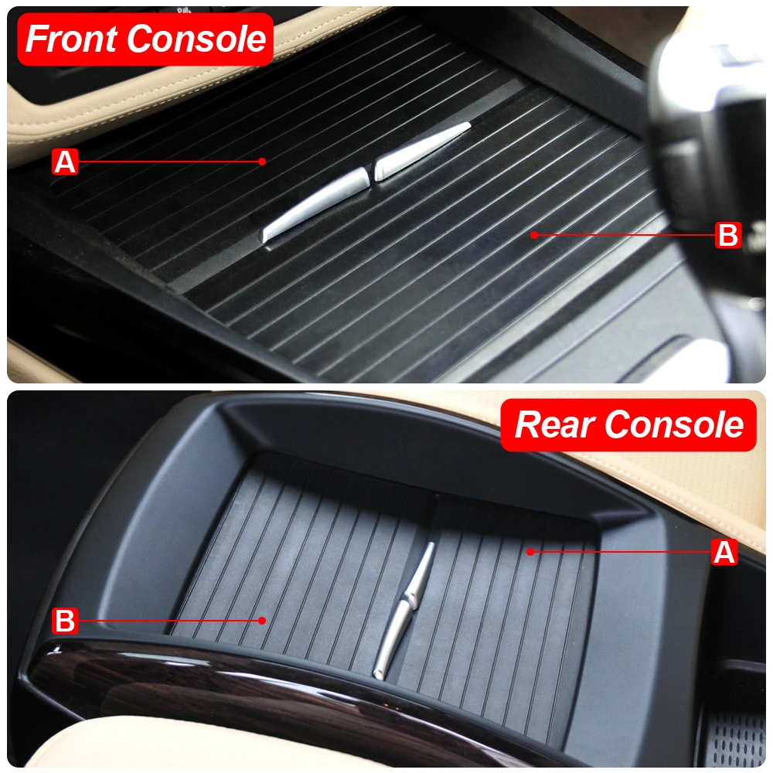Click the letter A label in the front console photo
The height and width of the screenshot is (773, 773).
(65, 162)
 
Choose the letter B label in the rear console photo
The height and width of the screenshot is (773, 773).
(65, 620)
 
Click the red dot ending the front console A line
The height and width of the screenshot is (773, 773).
(262, 162)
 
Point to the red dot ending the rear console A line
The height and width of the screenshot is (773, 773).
(530, 552)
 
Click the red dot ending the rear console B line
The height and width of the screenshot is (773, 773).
(263, 620)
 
